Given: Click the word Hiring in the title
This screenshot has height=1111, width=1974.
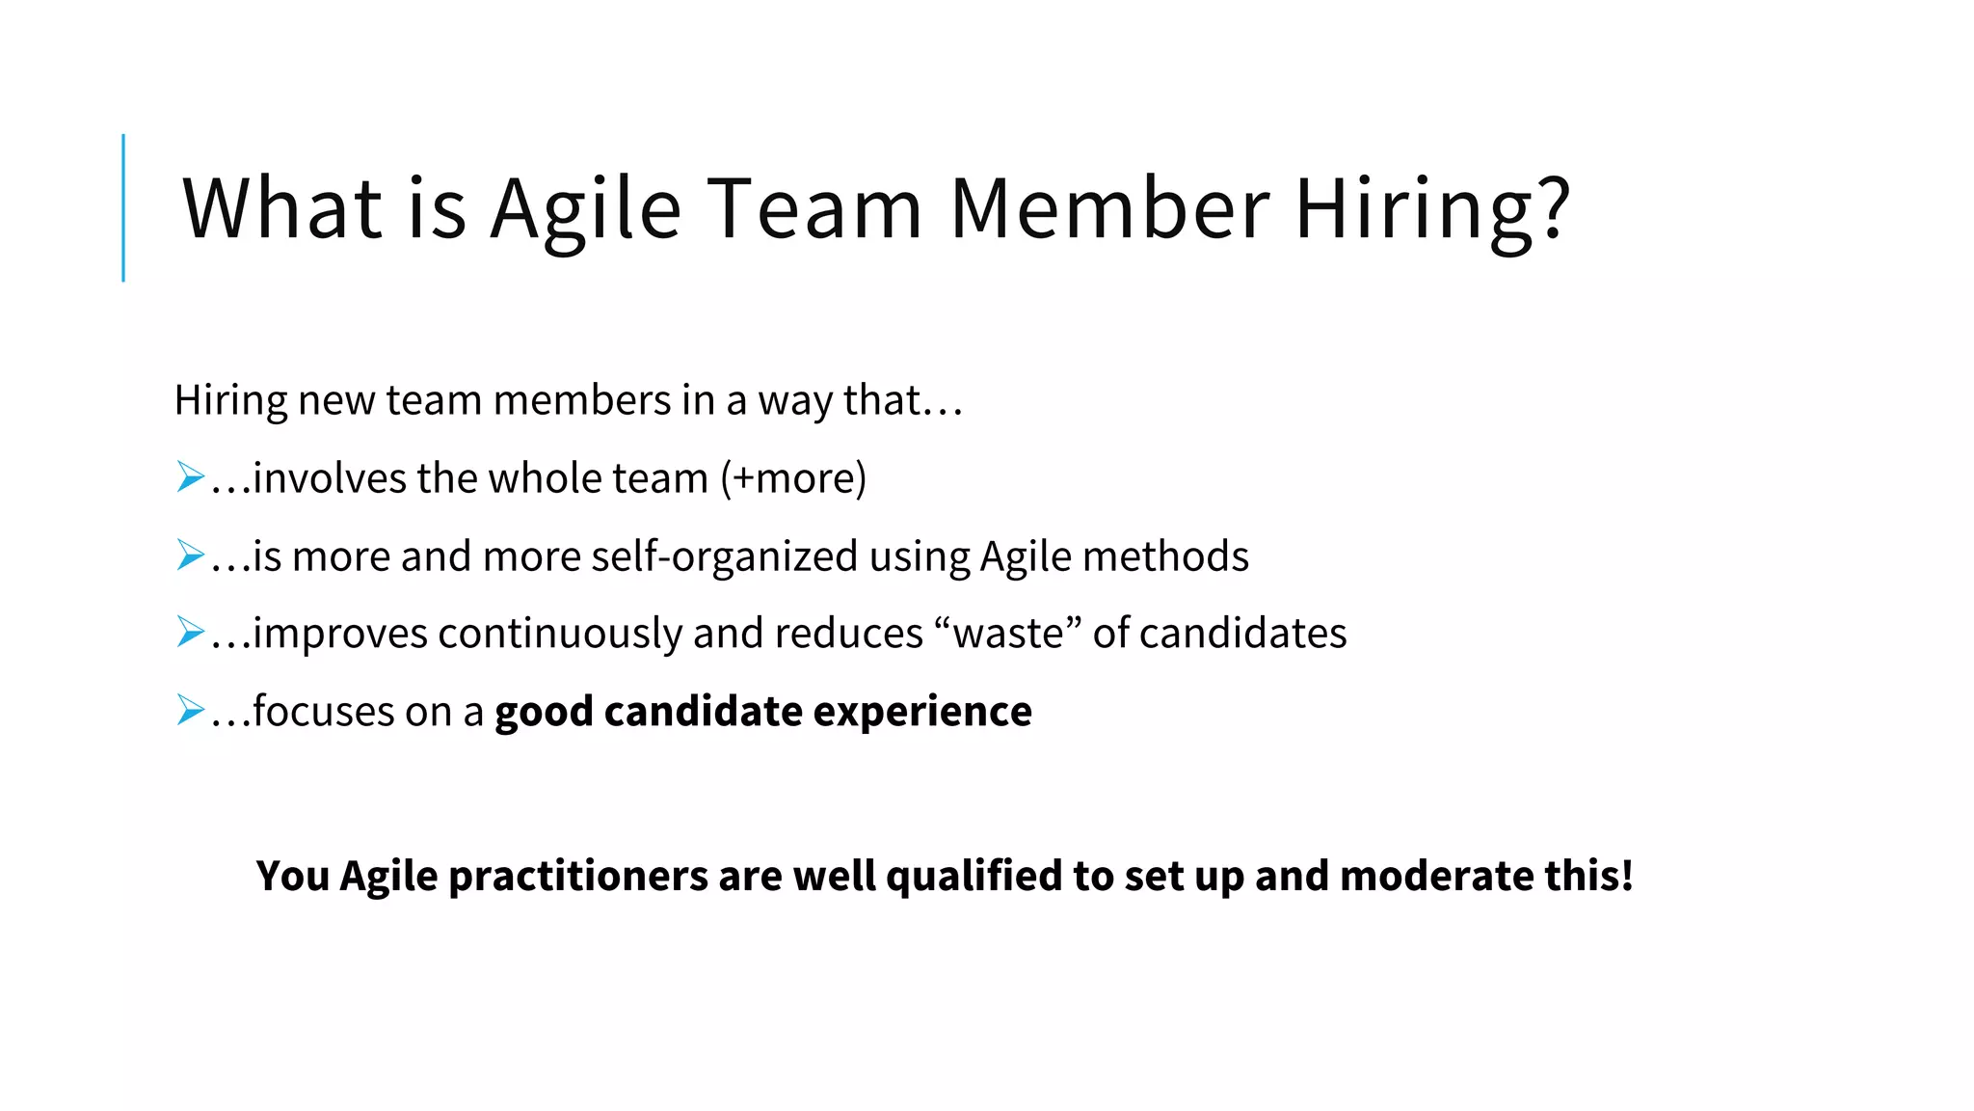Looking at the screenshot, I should point(1418,209).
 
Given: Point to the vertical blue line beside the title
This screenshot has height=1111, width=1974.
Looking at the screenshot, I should point(123,207).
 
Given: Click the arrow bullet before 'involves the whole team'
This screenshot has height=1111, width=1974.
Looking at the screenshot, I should point(191,477).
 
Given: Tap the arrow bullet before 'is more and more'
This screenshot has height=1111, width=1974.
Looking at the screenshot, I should point(191,555).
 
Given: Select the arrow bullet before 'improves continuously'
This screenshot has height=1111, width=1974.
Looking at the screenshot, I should point(191,633).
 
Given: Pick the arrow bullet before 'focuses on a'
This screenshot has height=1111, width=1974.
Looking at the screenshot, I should point(191,711).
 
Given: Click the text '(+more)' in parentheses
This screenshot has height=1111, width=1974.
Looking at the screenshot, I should point(793,478).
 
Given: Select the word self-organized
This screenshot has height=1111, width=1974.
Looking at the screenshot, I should point(724,556).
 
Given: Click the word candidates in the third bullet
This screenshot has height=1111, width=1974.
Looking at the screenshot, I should point(1243,634).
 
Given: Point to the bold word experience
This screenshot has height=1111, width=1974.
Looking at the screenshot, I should point(922,712).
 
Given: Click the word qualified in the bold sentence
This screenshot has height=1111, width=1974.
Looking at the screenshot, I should point(974,876).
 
